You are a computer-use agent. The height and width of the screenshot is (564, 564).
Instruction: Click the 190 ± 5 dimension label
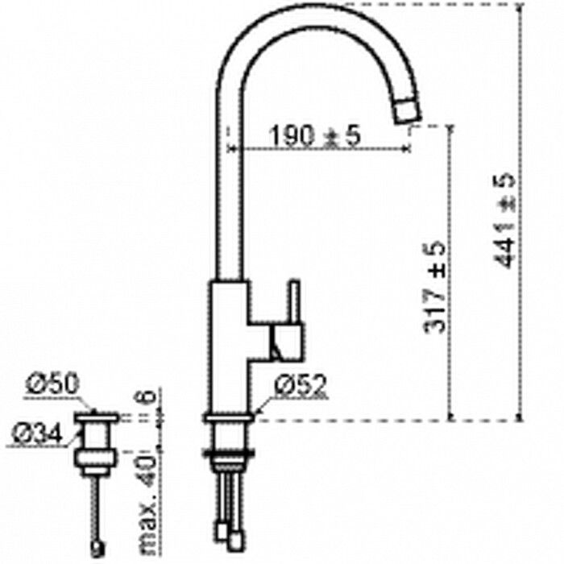(314, 138)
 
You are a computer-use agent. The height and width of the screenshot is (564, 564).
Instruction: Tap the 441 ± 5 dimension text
(507, 218)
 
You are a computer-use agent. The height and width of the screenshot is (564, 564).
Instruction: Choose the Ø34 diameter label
(35, 435)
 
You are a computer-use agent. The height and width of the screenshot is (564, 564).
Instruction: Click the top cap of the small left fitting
(97, 417)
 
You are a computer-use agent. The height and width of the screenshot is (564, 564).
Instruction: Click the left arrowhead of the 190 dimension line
(234, 149)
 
